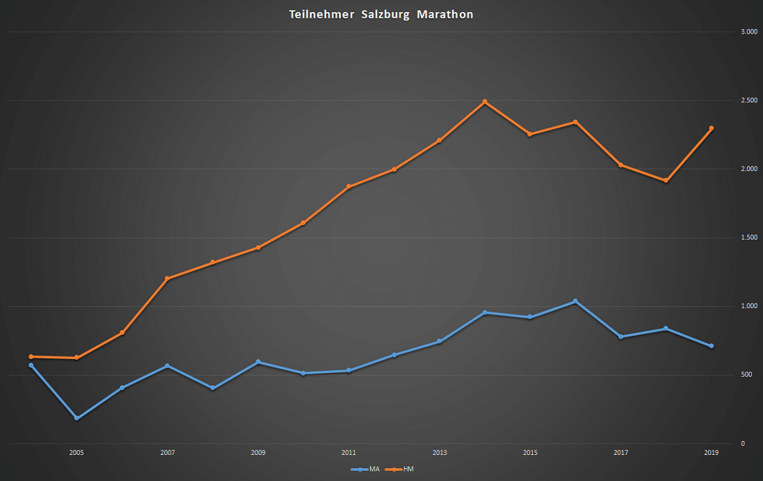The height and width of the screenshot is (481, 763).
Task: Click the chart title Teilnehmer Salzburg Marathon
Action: point(381,15)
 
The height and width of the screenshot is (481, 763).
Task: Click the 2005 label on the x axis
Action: point(77,453)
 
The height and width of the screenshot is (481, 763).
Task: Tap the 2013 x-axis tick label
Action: point(439,453)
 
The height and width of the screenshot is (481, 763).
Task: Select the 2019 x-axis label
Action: point(711,453)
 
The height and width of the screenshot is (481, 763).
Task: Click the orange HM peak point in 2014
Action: point(485,102)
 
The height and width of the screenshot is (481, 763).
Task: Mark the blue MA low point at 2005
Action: point(77,418)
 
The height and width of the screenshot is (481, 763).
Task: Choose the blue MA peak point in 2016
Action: point(575,301)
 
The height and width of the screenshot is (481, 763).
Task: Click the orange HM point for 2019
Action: point(711,128)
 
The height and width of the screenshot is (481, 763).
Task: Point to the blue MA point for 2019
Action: point(711,346)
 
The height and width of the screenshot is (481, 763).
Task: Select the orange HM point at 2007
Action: point(167,278)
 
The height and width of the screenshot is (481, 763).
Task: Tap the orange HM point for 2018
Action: point(666,181)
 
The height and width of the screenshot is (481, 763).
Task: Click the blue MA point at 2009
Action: point(258,362)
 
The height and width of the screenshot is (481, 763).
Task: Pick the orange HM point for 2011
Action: point(348,187)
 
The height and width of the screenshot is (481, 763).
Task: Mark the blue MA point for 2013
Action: point(439,342)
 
